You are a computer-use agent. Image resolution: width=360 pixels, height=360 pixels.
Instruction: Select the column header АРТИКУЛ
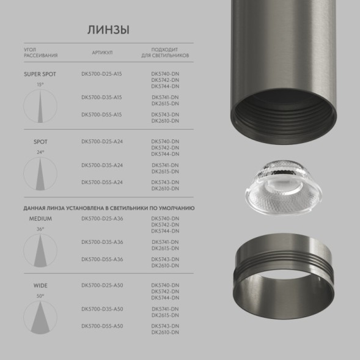click(102, 53)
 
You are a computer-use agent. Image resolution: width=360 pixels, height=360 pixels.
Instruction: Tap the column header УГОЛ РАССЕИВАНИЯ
click(40, 53)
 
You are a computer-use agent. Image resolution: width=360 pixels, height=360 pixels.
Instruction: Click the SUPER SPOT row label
click(40, 74)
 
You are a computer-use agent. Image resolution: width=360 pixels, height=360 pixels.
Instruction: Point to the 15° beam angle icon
click(40, 103)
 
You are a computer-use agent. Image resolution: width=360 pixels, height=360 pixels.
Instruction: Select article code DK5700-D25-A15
click(101, 74)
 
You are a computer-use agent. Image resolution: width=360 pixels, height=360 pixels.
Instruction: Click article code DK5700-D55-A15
click(101, 115)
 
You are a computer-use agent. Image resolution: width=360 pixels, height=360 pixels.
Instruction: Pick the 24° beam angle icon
click(40, 171)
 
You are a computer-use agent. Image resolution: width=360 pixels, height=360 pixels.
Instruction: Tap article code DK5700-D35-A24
click(101, 165)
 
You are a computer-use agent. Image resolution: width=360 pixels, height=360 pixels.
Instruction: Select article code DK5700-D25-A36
click(101, 218)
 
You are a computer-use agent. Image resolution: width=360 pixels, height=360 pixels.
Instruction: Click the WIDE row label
click(40, 285)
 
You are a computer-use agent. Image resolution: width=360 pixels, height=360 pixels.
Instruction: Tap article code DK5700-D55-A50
click(101, 326)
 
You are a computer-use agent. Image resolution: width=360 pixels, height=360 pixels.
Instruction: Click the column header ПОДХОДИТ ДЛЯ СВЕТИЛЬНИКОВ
click(165, 53)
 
